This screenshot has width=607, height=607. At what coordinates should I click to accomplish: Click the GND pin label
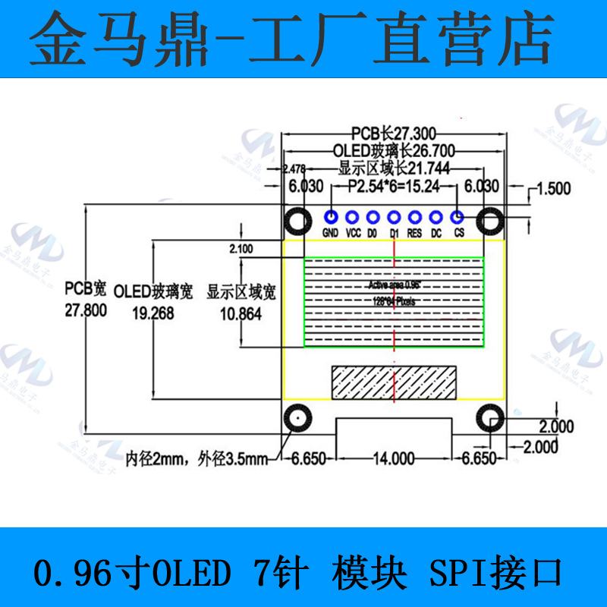coord(330,234)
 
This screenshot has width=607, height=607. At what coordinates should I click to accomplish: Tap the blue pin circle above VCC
coord(352,218)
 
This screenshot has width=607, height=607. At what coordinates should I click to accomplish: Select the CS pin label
coord(458,234)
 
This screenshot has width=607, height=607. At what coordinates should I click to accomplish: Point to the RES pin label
coord(415,234)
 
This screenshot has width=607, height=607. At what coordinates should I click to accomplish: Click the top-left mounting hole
coord(297,222)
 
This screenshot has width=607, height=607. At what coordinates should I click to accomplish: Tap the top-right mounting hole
coord(490,222)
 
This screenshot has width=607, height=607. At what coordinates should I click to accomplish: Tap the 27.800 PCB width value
coord(85,310)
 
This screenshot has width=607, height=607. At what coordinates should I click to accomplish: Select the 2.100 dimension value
coord(241,248)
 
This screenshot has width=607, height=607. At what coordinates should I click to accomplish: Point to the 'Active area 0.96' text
coord(394,285)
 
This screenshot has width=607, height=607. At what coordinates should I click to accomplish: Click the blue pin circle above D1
coord(394,218)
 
